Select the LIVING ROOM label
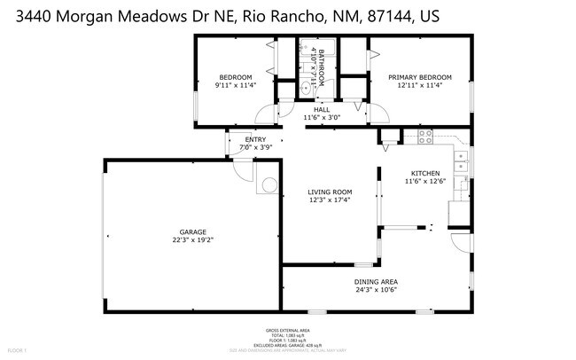(330, 192)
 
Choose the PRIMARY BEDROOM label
(421, 77)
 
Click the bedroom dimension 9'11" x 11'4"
(235, 85)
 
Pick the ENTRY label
(255, 139)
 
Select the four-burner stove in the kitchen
(424, 137)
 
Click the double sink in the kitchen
(461, 161)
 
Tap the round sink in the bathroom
(306, 87)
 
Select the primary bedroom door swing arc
(378, 112)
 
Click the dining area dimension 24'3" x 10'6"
(374, 290)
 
